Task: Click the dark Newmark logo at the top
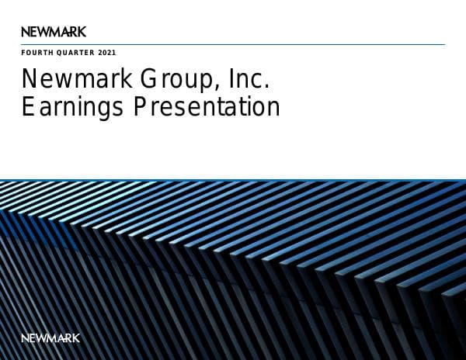point(54,32)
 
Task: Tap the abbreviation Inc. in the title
point(249,80)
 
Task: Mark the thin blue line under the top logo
point(233,44)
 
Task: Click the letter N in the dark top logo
point(26,32)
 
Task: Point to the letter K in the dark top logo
point(82,32)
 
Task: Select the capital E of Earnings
point(28,107)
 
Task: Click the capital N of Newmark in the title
point(30,80)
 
